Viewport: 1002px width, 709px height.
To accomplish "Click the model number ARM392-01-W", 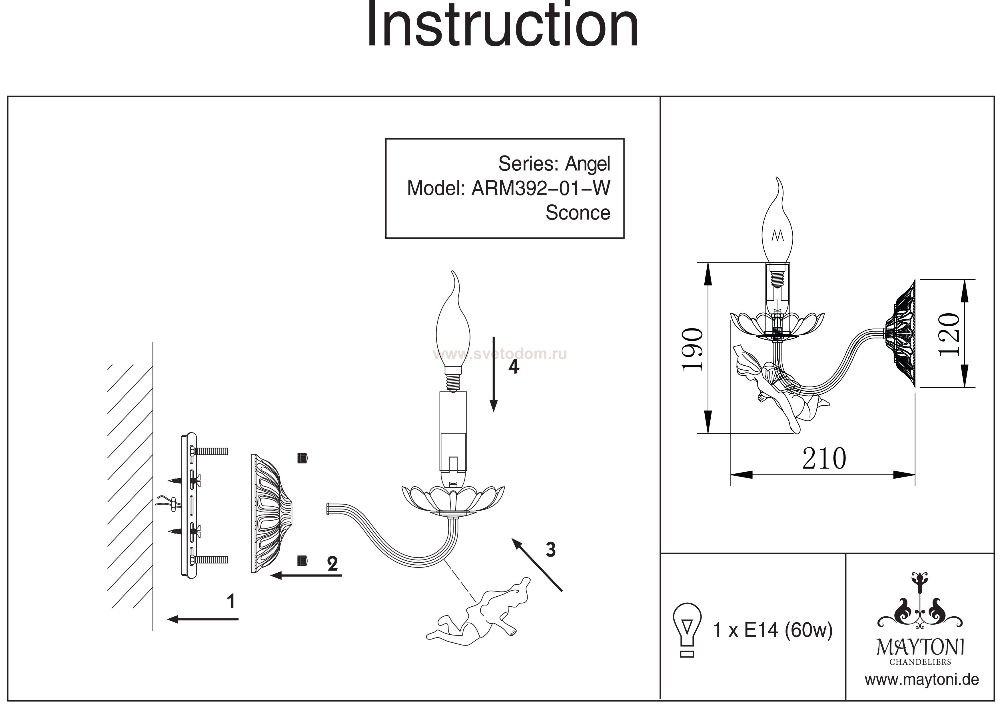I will pyautogui.click(x=541, y=188).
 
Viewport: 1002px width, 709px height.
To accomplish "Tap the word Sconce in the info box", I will pyautogui.click(x=577, y=213).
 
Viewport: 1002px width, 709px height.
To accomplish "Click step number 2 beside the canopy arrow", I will pyautogui.click(x=332, y=563).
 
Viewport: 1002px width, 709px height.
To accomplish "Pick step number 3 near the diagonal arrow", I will pyautogui.click(x=551, y=549).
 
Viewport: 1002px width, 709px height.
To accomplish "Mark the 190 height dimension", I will pyautogui.click(x=693, y=349).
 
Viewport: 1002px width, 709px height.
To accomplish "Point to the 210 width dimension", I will pyautogui.click(x=824, y=459).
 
